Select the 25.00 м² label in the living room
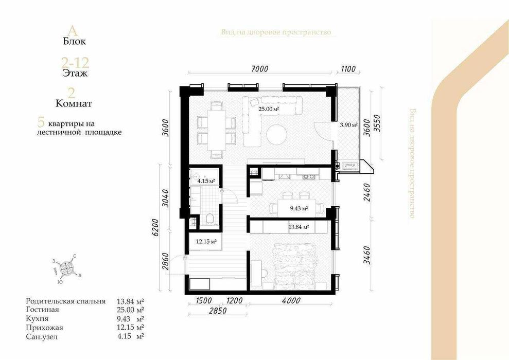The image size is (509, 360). tap(268, 109)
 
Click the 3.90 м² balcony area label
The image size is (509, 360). tap(348, 125)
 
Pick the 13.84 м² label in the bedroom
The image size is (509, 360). tap(299, 227)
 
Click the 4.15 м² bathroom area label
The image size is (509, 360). tap(205, 181)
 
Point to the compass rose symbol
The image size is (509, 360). tap(67, 268)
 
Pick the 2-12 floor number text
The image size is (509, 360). tap(75, 63)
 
